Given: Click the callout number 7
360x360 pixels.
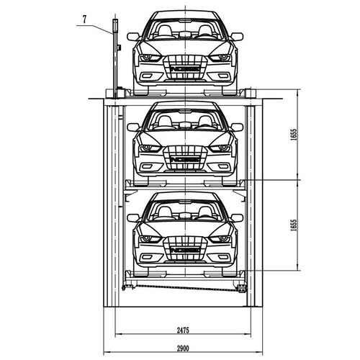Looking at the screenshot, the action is [x=84, y=19].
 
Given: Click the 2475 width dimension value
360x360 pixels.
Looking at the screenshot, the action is [x=183, y=330].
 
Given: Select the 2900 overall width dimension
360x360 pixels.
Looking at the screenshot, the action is [x=183, y=348].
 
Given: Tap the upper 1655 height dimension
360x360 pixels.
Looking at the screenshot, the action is [x=294, y=135].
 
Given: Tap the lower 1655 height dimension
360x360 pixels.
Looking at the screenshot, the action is [x=294, y=225].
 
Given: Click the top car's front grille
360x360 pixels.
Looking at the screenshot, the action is [x=185, y=67].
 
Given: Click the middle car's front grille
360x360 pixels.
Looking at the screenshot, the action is [x=185, y=158].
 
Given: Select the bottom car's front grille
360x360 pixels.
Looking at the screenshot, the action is [x=185, y=248].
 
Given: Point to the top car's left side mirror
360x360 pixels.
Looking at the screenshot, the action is [x=133, y=37].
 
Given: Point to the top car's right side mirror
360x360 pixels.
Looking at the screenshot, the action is [x=237, y=37].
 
